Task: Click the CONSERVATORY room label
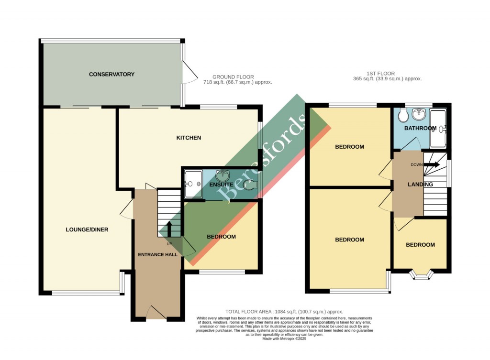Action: tap(111, 74)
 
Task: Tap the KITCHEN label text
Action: tap(189, 138)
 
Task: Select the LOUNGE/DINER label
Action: tap(87, 229)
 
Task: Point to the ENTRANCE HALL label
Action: tap(157, 254)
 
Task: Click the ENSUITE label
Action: tap(221, 184)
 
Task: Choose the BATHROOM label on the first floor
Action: tap(420, 128)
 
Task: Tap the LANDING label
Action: tap(420, 185)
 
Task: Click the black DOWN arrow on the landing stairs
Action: tap(431, 164)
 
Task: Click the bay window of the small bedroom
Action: tap(421, 274)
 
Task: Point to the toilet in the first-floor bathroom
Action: tap(401, 115)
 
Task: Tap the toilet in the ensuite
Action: tap(249, 185)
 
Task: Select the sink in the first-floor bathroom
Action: tap(419, 113)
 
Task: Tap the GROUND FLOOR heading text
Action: tap(233, 76)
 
